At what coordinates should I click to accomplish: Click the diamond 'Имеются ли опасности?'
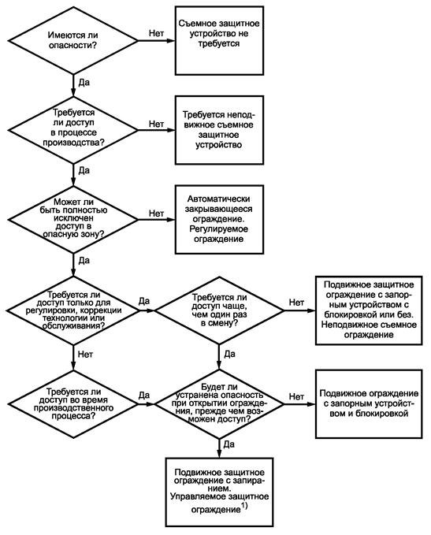(x=73, y=41)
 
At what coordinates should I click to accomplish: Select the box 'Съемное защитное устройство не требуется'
(x=219, y=40)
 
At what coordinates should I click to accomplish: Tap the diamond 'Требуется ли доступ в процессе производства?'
(x=73, y=130)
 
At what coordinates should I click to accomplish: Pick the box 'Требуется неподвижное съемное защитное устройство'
(x=219, y=130)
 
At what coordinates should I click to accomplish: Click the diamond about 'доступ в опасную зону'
(x=73, y=219)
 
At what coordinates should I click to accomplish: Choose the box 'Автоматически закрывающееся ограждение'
(x=219, y=219)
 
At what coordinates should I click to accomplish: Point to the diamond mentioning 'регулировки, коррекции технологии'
(x=73, y=310)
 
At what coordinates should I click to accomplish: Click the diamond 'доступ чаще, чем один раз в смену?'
(x=219, y=310)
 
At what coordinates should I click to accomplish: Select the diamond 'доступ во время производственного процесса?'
(x=73, y=404)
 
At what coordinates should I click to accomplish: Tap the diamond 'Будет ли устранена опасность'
(x=219, y=404)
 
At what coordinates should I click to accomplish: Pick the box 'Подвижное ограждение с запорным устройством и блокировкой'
(x=369, y=404)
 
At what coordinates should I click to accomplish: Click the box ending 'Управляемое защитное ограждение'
(x=219, y=492)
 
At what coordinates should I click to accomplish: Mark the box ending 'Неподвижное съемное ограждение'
(x=369, y=310)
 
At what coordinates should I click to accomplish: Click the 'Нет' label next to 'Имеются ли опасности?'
(x=156, y=33)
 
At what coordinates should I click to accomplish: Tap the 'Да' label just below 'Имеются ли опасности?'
(x=84, y=83)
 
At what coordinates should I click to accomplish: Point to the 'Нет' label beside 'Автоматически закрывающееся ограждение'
(x=156, y=214)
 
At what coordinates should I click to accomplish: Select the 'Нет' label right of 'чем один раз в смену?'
(x=296, y=303)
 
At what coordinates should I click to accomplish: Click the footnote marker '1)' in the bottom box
(x=244, y=507)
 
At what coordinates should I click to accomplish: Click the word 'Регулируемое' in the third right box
(x=219, y=229)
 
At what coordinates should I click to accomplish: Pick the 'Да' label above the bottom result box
(x=229, y=444)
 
